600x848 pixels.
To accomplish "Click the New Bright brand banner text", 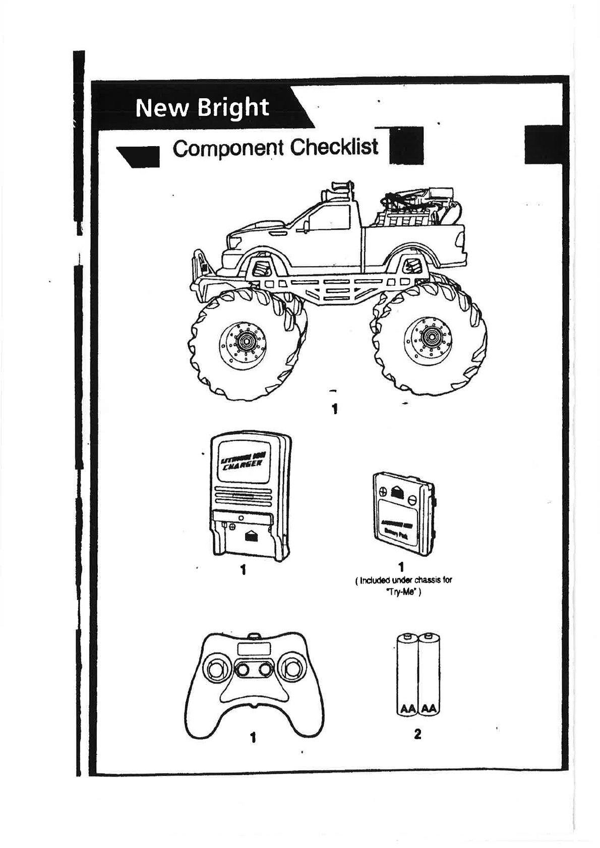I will (202, 108).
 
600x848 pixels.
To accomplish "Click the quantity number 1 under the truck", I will (334, 408).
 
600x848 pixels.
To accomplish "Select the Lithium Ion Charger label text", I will (241, 462).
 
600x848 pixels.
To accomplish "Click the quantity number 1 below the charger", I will (243, 570).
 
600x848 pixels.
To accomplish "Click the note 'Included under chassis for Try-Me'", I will (404, 585).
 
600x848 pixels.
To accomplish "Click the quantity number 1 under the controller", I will (253, 737).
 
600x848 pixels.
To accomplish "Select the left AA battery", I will (407, 675).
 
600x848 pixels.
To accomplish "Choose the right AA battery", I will (429, 675).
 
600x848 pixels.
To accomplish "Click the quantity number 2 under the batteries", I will (417, 734).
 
